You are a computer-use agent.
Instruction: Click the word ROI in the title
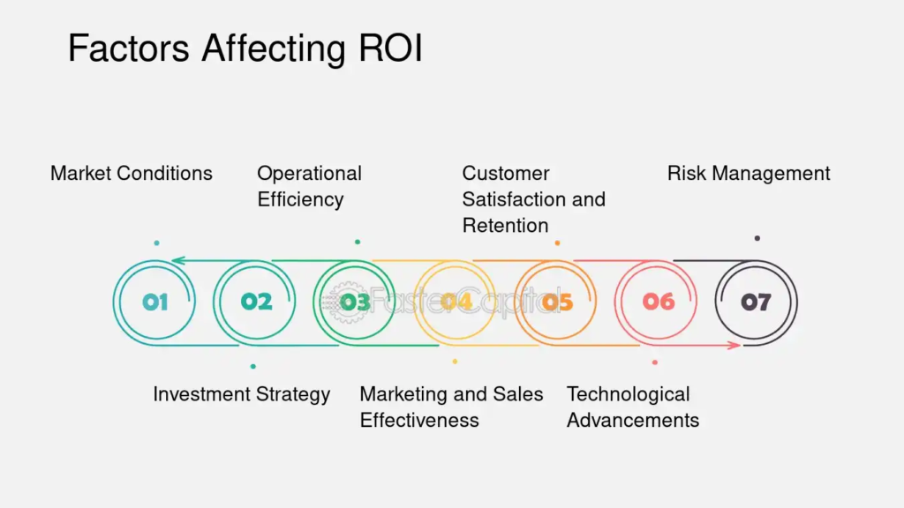click(391, 48)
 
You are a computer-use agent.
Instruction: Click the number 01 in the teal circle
click(155, 302)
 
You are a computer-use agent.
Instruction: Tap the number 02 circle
click(255, 303)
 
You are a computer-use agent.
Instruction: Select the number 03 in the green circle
click(355, 302)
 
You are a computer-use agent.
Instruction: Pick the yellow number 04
click(456, 302)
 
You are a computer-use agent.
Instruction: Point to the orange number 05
click(557, 302)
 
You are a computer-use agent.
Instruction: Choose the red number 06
click(659, 302)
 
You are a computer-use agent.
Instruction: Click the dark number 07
click(756, 302)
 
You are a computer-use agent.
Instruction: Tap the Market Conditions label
click(132, 174)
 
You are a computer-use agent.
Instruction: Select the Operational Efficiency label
click(310, 186)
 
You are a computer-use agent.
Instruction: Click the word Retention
click(505, 225)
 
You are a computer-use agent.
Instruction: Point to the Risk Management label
click(749, 174)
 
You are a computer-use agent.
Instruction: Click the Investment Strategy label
click(242, 394)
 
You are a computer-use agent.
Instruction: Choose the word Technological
click(628, 394)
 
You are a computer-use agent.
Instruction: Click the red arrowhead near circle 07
click(734, 346)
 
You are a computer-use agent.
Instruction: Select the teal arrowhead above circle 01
click(178, 261)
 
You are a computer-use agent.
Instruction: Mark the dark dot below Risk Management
click(757, 238)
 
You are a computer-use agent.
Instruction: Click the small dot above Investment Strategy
click(253, 366)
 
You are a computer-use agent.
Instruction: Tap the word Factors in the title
click(129, 48)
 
